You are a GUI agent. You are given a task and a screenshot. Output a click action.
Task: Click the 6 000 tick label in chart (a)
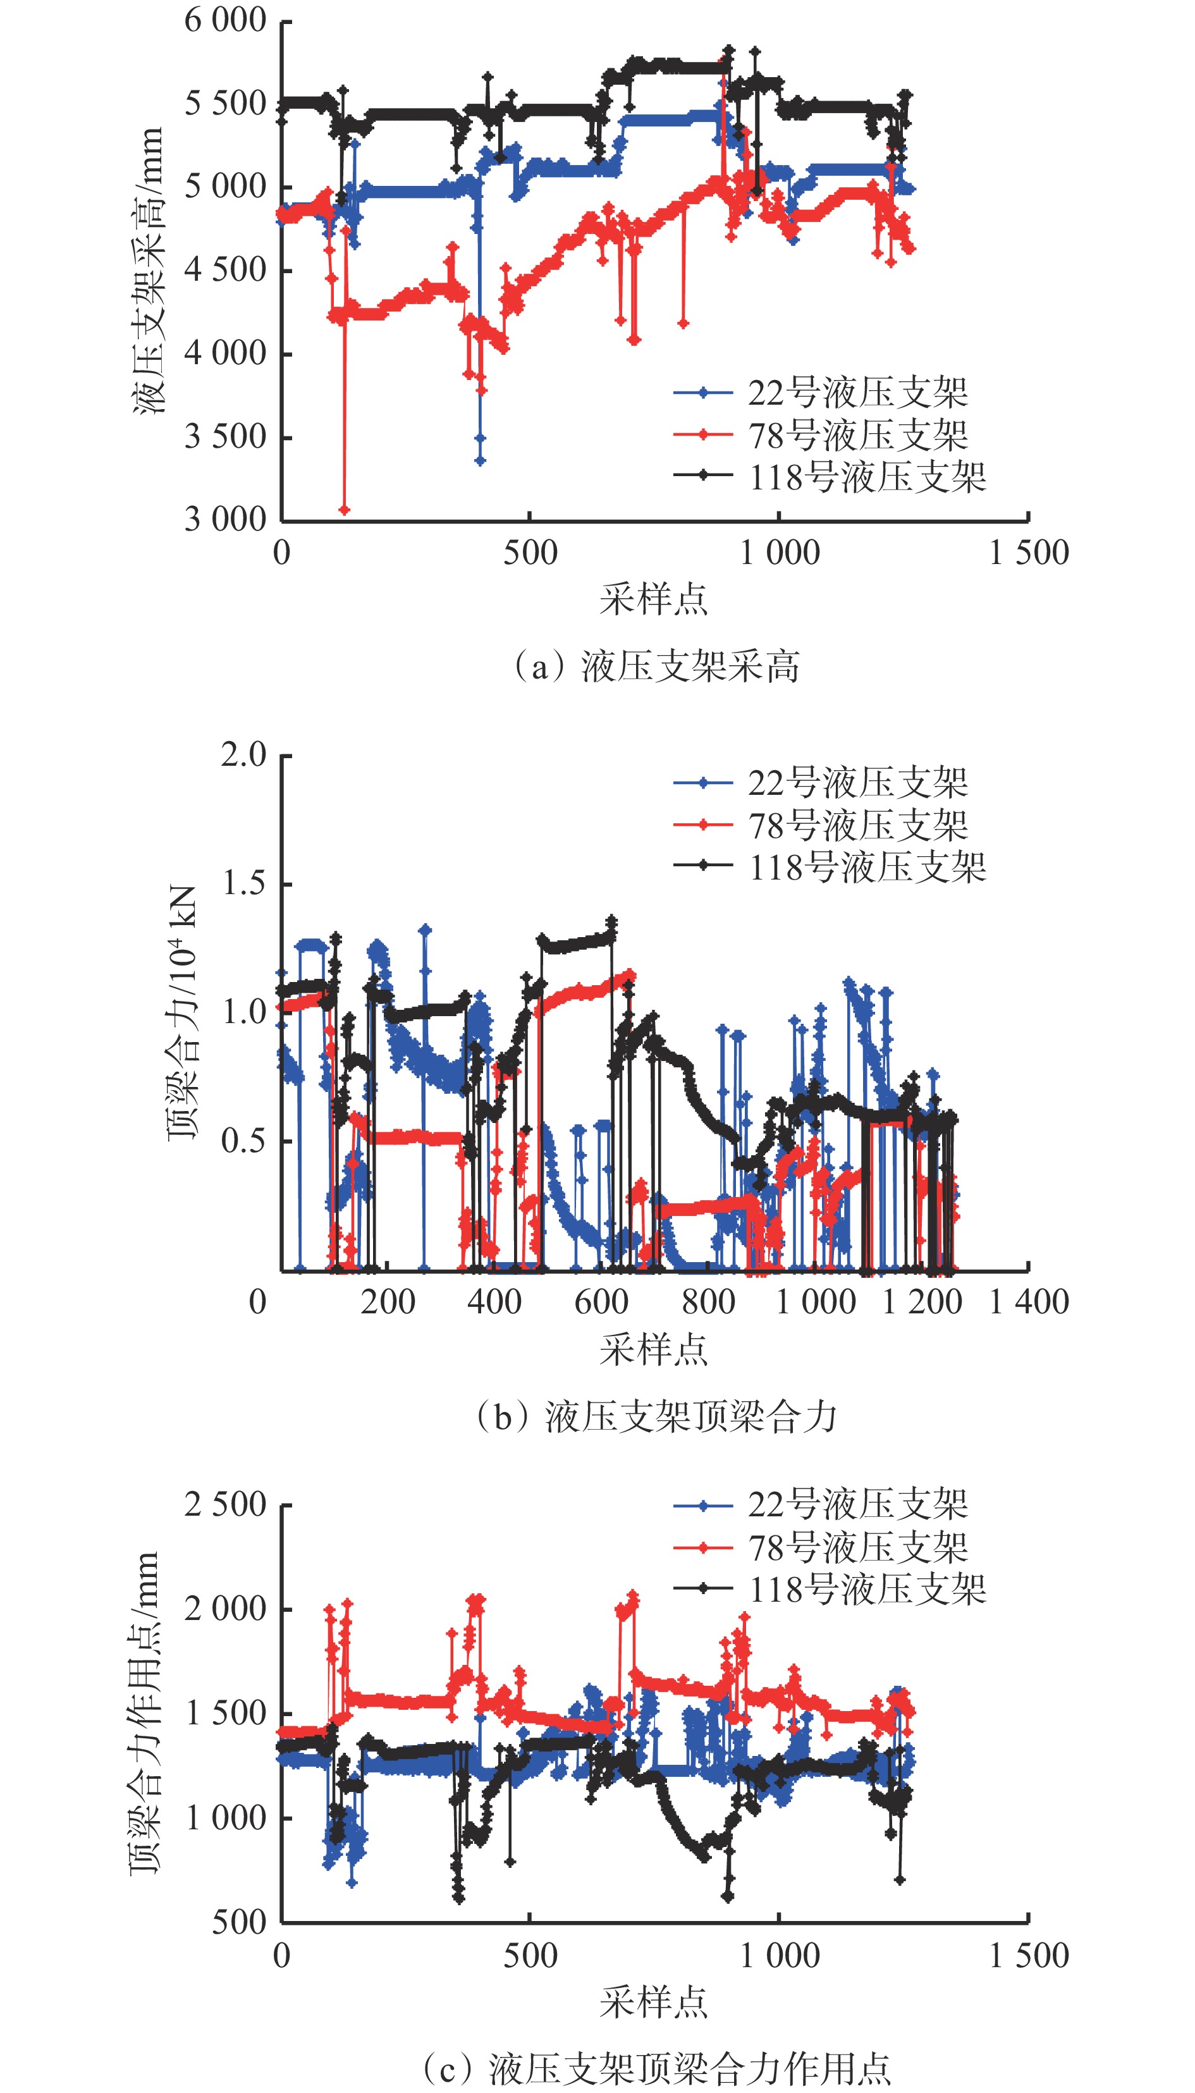pos(225,20)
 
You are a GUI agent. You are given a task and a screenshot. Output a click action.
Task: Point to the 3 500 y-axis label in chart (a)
pos(225,437)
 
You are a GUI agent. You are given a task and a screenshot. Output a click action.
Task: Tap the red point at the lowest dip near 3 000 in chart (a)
pos(345,510)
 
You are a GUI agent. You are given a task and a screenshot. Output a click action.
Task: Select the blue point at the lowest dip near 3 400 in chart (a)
pos(480,460)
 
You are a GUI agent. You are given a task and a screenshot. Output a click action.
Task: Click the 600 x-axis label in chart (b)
pos(601,1302)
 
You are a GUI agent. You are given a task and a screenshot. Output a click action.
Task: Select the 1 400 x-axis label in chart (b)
pos(1028,1302)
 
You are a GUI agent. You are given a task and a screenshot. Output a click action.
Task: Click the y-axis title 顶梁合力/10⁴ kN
pos(182,1013)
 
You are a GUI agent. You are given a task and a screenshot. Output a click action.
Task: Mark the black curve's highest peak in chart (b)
pos(611,921)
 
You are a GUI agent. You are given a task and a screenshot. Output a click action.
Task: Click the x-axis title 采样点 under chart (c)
pos(653,2003)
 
